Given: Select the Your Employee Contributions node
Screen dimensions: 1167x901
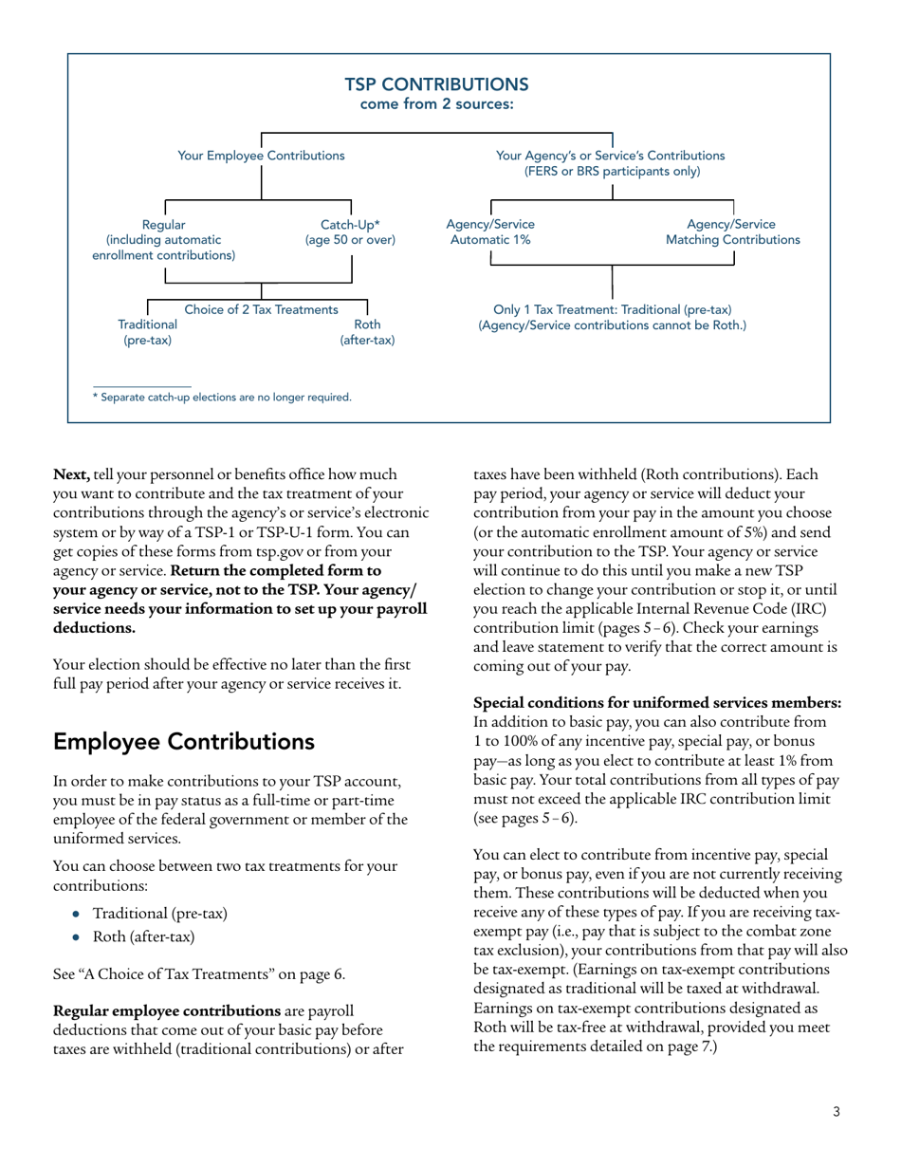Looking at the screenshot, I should click(x=261, y=155).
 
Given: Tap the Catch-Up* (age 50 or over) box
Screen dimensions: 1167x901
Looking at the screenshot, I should click(x=350, y=232).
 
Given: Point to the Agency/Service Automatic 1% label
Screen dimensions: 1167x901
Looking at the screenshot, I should click(x=489, y=232).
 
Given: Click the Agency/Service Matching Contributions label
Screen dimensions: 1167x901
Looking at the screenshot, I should click(x=732, y=232).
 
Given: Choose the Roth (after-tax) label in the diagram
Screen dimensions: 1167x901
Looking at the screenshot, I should click(x=367, y=331).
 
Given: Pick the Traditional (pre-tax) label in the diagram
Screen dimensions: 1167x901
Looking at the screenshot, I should click(x=147, y=331).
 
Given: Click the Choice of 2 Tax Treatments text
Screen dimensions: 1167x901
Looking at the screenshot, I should click(x=261, y=309).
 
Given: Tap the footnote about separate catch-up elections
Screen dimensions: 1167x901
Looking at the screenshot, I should click(x=221, y=398).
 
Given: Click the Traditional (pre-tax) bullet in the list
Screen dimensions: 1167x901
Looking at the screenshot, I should click(x=159, y=915).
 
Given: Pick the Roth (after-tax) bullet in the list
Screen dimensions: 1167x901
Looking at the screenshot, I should click(x=143, y=937).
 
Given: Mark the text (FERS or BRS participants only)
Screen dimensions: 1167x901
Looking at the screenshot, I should click(x=612, y=172).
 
